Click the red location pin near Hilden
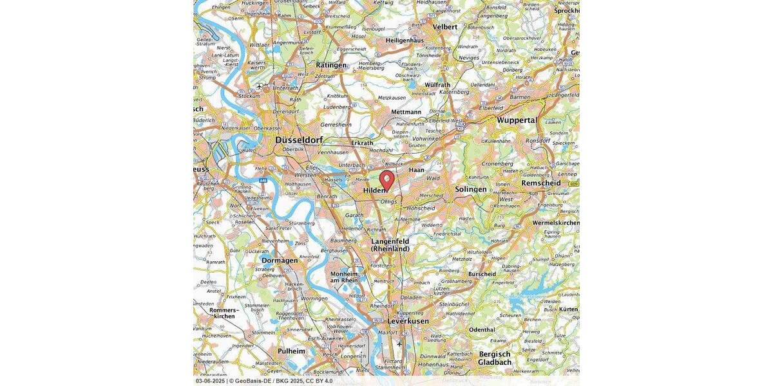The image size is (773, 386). [386, 179]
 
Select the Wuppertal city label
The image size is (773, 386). [516, 120]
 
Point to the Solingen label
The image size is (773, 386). [472, 189]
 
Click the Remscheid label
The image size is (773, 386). [540, 183]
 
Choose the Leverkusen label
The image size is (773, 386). [408, 320]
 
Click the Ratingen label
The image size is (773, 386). [331, 65]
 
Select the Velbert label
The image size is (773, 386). [444, 27]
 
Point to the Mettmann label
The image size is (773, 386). [406, 112]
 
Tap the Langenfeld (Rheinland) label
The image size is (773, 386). [390, 245]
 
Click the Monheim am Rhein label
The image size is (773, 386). [343, 276]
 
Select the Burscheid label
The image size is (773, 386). [482, 274]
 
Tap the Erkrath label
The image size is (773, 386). [362, 142]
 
